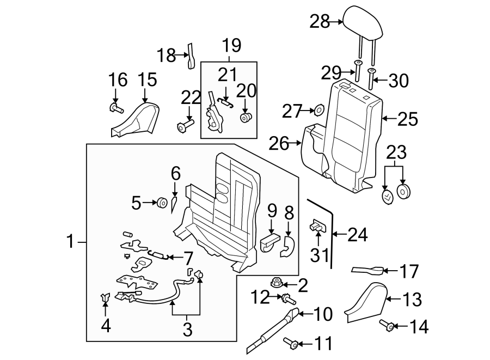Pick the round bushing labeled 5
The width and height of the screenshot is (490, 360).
coord(162,203)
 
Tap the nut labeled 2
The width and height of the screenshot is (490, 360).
coord(275,282)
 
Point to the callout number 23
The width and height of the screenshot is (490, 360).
coord(396,151)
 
